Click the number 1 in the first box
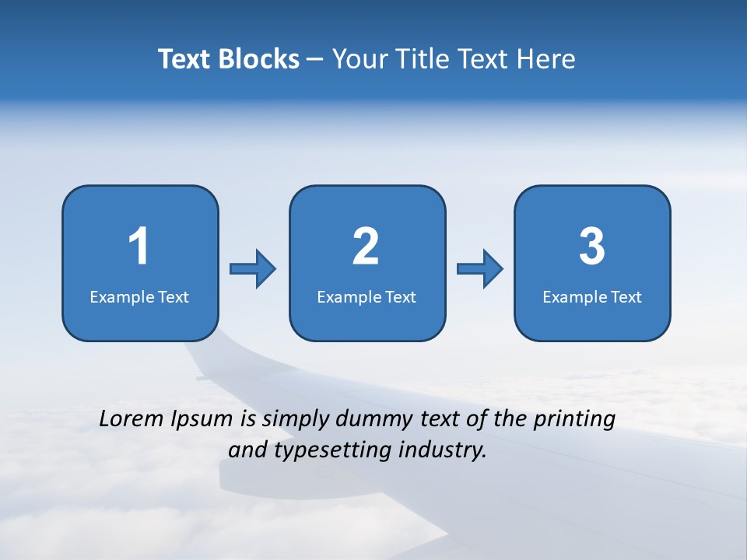point(139,247)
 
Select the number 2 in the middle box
point(366,247)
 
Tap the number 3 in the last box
point(592,247)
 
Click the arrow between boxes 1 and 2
point(253,269)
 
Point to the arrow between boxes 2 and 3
point(480,269)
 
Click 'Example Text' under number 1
point(139,296)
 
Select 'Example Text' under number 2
point(366,296)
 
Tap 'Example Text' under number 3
point(592,296)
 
